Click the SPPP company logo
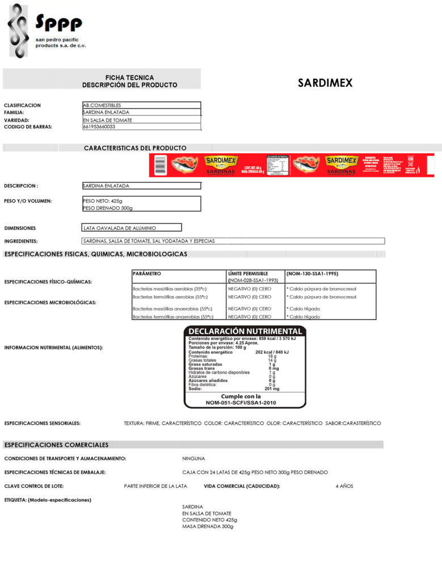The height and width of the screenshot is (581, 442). click(45, 31)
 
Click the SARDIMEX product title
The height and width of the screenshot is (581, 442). click(325, 83)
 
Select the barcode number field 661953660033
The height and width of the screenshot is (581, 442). click(141, 127)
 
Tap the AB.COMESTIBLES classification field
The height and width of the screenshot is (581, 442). click(141, 105)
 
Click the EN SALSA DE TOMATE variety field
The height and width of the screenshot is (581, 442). click(141, 120)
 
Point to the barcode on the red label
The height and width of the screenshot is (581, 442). click(161, 165)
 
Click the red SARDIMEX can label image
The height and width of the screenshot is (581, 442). click(292, 165)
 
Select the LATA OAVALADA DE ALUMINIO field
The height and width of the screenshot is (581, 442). click(132, 228)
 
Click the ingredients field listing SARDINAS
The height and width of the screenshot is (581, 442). click(233, 241)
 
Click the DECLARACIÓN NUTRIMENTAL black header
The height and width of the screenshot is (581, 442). click(245, 331)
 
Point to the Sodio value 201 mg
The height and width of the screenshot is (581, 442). click(272, 389)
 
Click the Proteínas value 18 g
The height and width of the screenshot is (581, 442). click(272, 356)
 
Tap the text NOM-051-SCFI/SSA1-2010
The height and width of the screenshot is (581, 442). click(245, 402)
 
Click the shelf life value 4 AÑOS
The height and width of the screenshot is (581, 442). click(344, 486)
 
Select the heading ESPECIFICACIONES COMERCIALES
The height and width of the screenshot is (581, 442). click(56, 445)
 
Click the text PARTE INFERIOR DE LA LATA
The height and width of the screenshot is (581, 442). click(155, 486)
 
